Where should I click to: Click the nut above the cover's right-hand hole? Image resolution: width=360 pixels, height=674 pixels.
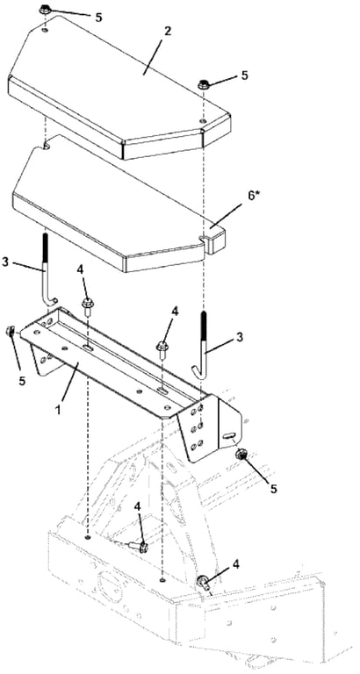point(203,84)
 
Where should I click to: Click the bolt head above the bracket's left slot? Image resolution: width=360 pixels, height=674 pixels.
point(87,305)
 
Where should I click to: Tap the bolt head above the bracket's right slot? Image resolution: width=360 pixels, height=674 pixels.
point(162,345)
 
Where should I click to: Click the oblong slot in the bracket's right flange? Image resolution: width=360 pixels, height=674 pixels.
point(228,436)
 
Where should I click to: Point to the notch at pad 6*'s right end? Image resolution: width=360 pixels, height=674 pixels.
point(205,237)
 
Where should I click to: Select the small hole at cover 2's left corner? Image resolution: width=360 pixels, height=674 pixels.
point(46,30)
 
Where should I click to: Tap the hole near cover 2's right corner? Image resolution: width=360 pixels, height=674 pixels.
point(204,122)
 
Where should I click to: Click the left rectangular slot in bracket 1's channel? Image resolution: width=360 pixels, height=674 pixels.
point(87,348)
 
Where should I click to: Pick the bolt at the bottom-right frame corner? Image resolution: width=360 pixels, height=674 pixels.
point(203,583)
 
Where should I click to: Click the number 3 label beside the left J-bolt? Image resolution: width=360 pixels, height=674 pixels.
point(5,262)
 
